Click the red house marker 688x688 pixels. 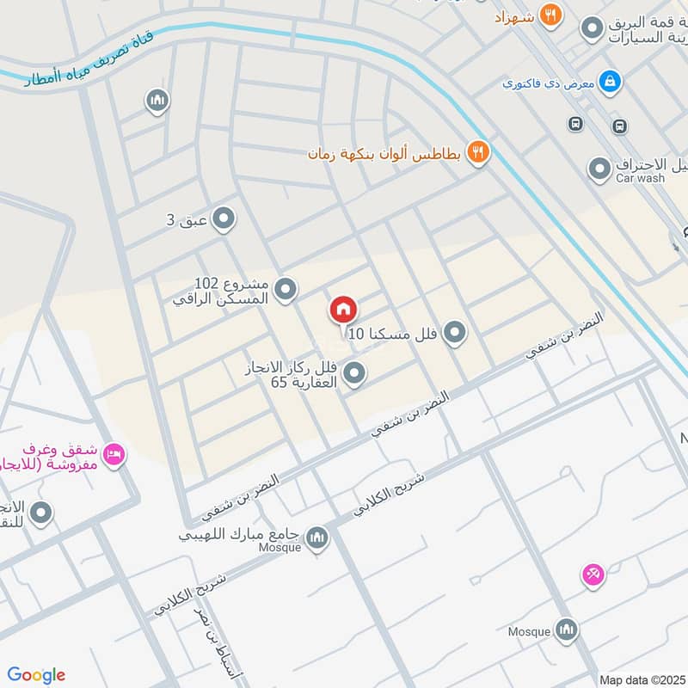[x=342, y=310]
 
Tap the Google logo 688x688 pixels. [x=36, y=675]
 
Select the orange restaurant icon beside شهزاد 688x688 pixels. [x=550, y=15]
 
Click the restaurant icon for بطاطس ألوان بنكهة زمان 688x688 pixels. [x=478, y=153]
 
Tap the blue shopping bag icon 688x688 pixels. [x=609, y=83]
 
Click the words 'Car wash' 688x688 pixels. [x=640, y=178]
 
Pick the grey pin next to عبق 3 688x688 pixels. [x=223, y=219]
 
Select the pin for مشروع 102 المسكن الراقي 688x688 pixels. [x=286, y=290]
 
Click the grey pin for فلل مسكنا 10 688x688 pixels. [x=455, y=332]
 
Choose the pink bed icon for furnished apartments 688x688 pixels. [x=113, y=453]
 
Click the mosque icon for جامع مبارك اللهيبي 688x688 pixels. [x=316, y=537]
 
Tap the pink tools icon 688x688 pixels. [x=593, y=574]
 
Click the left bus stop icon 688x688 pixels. [x=574, y=124]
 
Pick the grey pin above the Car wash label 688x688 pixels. [x=599, y=169]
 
